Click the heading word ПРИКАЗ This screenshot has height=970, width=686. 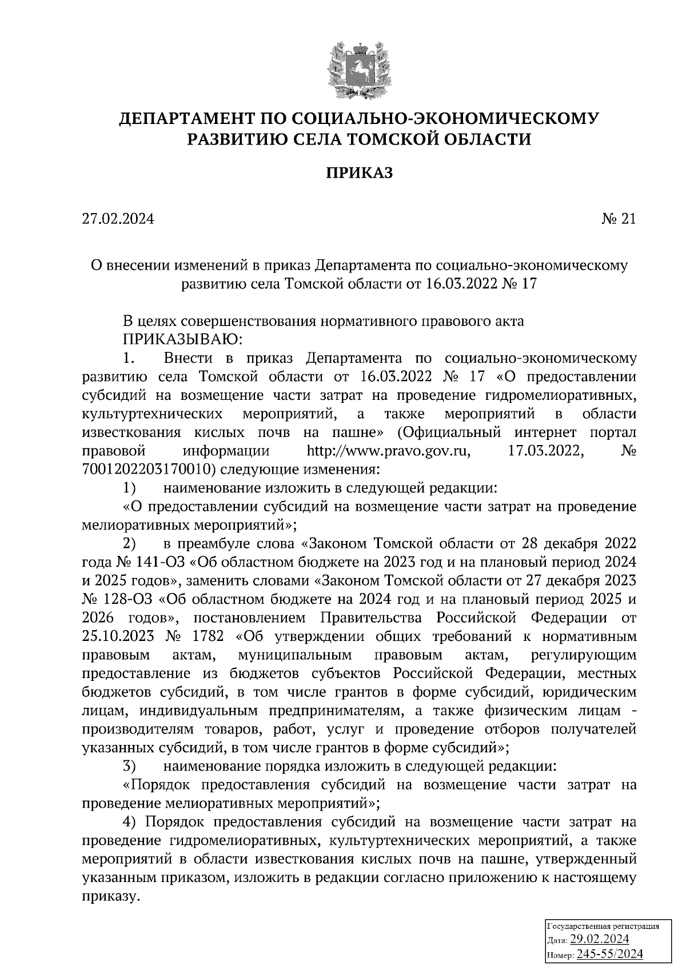[x=360, y=173]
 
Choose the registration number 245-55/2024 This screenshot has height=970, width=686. [x=609, y=953]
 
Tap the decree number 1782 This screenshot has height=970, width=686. [x=209, y=636]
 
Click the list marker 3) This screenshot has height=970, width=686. [x=129, y=766]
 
